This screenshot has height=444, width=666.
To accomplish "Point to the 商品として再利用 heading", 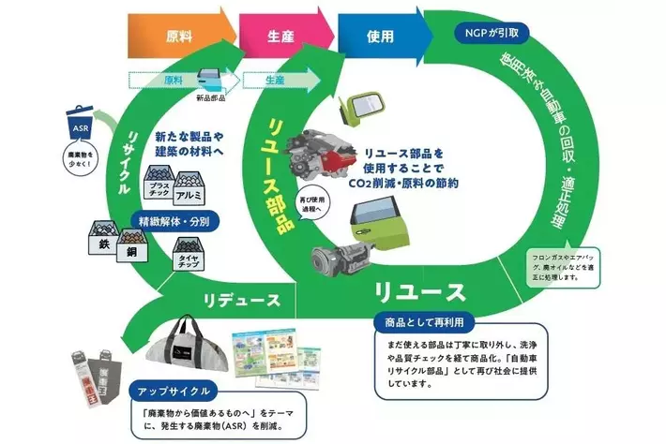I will click(x=420, y=322).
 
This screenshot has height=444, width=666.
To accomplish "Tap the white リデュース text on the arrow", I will click(x=242, y=300).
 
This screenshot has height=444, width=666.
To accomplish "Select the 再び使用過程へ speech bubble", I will click(x=310, y=207).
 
